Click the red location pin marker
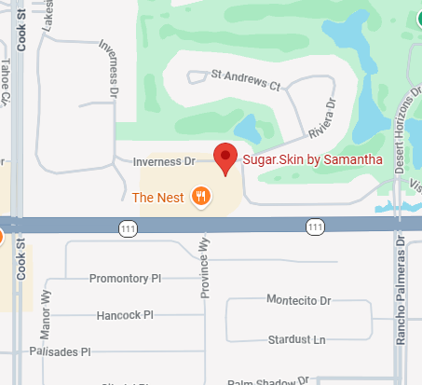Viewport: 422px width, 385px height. [225, 158]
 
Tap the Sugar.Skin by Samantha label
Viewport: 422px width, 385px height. [312, 159]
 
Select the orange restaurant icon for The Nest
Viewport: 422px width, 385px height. [199, 196]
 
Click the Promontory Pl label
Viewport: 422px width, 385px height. [125, 279]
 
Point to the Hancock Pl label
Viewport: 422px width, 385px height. [124, 315]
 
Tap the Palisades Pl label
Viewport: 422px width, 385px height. [60, 352]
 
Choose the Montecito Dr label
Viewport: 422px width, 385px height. [299, 301]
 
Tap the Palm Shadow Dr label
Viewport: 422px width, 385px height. [265, 380]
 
